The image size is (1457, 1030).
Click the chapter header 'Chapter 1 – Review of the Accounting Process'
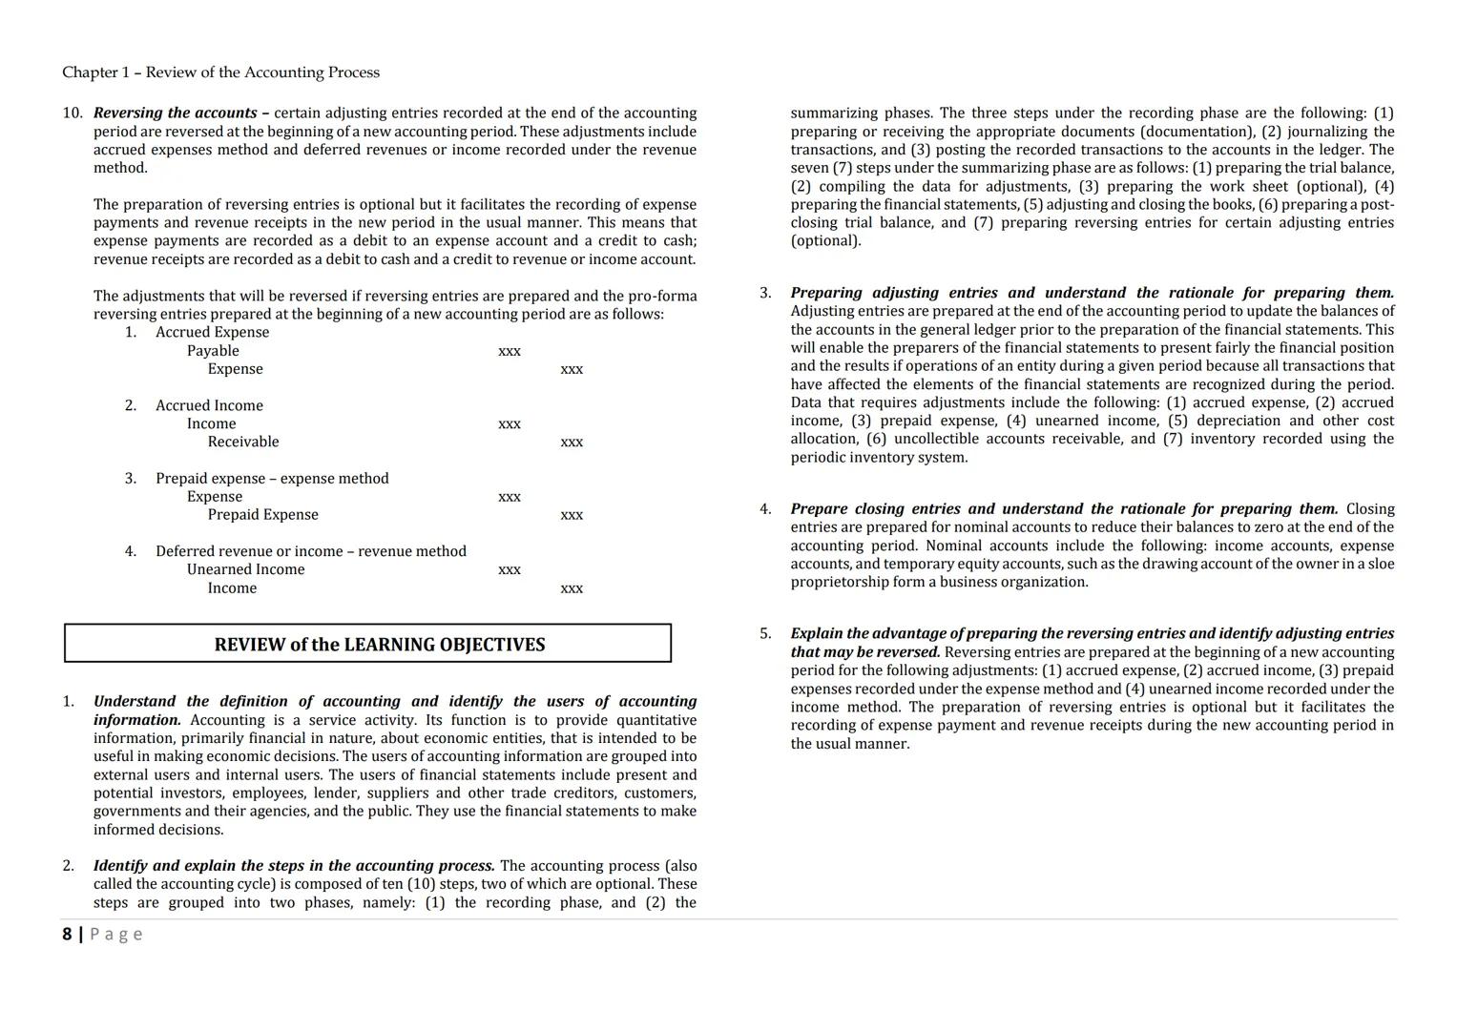(x=220, y=72)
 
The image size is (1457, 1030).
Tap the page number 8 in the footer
(x=67, y=934)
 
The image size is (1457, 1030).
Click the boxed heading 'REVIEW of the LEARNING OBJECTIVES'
(x=379, y=645)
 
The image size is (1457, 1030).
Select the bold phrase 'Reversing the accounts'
(x=176, y=113)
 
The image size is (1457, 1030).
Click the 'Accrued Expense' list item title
(x=212, y=332)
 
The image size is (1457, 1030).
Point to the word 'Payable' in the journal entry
(x=213, y=351)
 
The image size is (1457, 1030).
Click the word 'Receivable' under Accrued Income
(x=243, y=442)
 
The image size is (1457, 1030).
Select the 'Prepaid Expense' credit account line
(x=262, y=515)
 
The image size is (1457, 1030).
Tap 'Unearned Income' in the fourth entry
(x=245, y=569)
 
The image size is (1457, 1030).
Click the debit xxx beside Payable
(x=510, y=351)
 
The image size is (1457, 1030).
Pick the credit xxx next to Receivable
(x=572, y=443)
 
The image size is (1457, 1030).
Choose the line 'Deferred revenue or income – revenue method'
(x=311, y=551)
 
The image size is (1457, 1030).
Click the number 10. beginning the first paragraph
(x=73, y=113)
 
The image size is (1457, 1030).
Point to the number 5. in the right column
(x=765, y=633)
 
